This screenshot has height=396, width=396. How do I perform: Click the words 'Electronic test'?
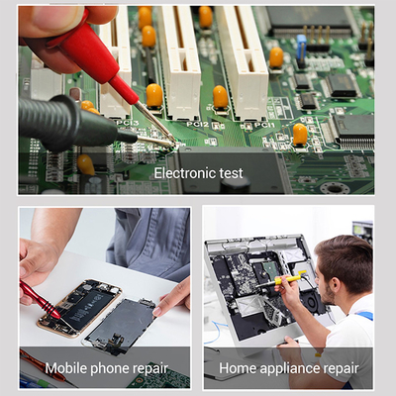tap(198, 173)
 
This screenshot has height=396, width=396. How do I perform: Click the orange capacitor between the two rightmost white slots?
tap(220, 95)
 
